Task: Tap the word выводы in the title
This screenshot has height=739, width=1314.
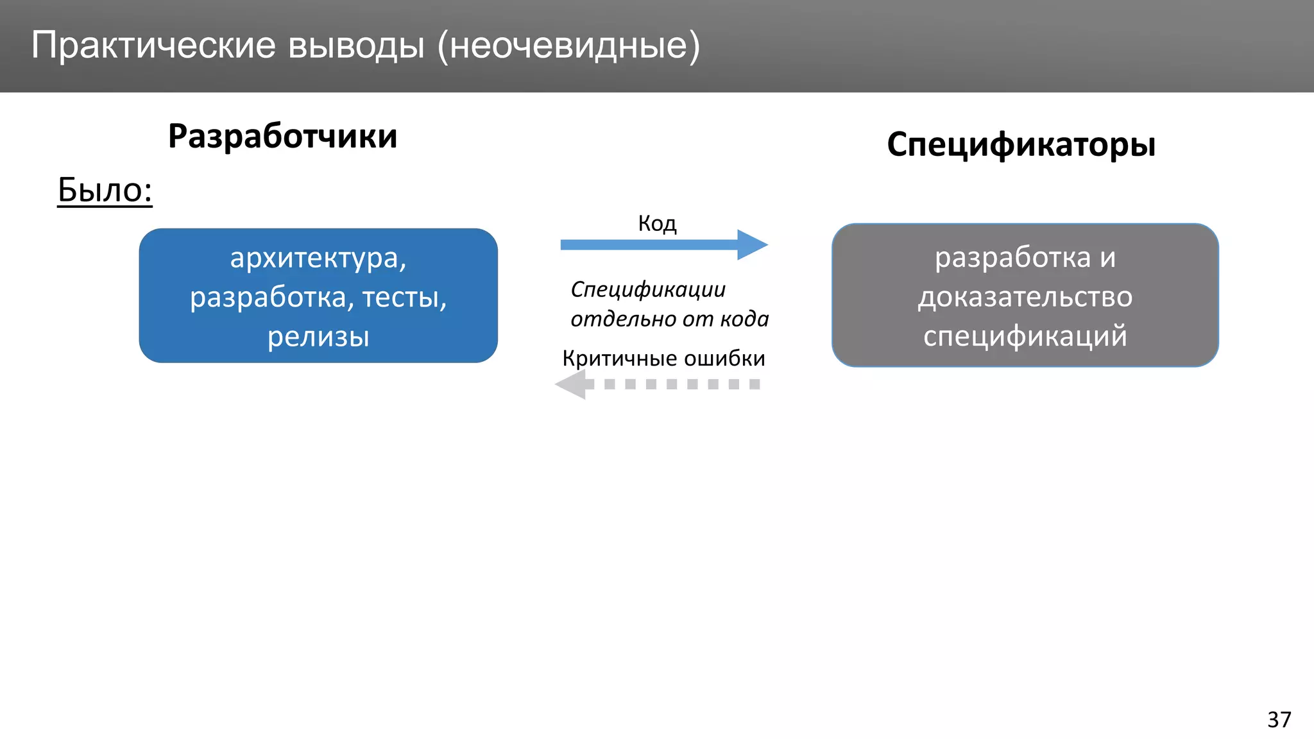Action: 356,46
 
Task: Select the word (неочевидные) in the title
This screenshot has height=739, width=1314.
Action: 568,46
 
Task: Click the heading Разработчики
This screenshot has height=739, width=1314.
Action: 282,136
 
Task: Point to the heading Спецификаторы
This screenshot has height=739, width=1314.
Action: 1021,144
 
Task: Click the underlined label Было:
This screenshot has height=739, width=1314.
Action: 105,190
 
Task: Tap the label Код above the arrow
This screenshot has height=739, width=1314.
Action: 657,223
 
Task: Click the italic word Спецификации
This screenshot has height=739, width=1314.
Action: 648,289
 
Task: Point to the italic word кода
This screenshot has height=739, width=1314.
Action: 744,319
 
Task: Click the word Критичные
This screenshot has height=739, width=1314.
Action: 620,358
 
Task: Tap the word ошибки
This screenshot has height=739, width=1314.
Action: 724,358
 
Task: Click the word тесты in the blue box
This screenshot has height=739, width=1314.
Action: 404,297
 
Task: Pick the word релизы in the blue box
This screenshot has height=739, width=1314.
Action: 318,337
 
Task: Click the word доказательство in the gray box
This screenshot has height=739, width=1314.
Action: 1025,297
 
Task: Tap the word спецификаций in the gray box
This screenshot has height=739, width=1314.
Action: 1025,336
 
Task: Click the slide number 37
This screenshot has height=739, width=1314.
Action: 1279,719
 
